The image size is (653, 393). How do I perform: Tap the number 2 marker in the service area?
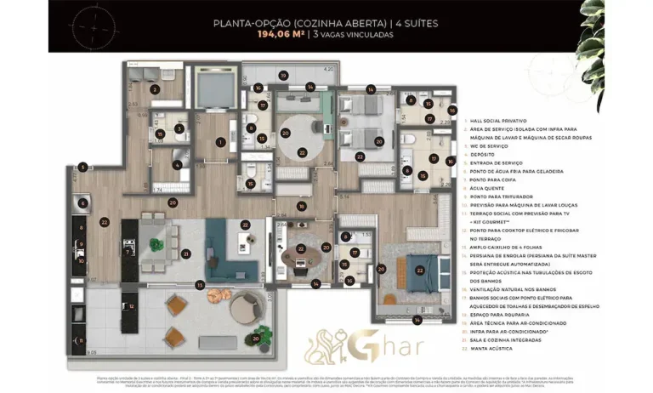[155, 88]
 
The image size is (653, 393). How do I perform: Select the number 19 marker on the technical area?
[282, 76]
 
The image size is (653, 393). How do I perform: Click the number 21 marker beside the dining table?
[185, 253]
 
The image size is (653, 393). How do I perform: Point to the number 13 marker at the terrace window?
[201, 285]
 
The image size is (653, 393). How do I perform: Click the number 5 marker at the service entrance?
[82, 168]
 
